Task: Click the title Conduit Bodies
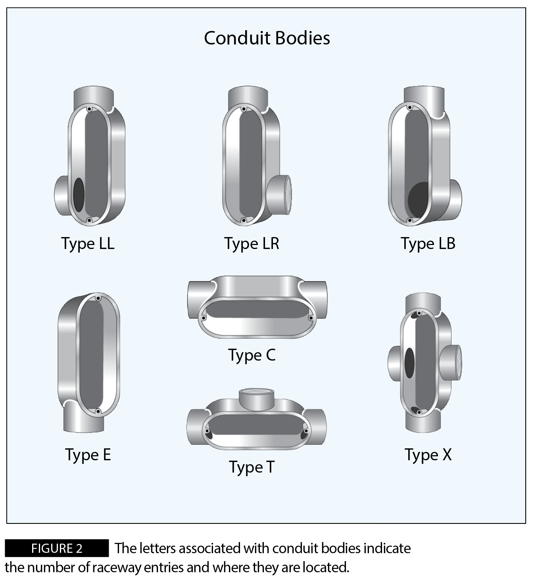click(267, 38)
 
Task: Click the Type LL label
click(88, 243)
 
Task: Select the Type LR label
click(252, 243)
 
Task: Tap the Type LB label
click(428, 243)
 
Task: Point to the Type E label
click(88, 455)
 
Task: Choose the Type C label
click(252, 355)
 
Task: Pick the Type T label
click(252, 467)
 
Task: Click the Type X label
click(428, 455)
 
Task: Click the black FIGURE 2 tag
click(57, 548)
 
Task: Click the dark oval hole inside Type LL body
click(79, 195)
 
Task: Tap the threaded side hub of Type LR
click(279, 195)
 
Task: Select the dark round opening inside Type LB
click(418, 200)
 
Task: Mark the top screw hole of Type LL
click(89, 109)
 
